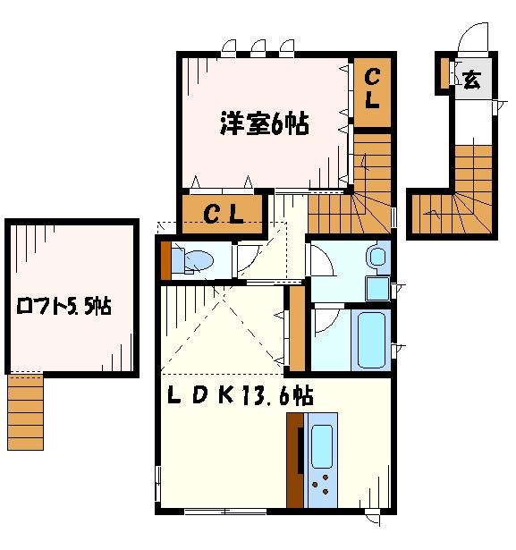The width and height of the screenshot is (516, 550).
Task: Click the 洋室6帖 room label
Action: click(265, 123)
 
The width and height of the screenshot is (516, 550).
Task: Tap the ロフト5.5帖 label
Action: click(63, 306)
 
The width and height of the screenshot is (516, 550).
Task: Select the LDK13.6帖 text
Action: click(241, 395)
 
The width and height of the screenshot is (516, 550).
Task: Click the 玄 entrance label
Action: click(471, 80)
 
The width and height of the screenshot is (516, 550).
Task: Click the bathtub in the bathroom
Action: click(371, 340)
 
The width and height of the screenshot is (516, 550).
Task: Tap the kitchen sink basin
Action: click(322, 446)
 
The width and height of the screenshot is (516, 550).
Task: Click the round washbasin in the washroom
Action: click(377, 257)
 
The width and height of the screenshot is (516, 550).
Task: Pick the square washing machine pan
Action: click(377, 289)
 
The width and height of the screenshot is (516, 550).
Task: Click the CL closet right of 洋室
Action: click(372, 92)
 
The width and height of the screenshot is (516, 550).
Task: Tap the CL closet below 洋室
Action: click(223, 214)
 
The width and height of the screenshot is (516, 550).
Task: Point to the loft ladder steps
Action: click(25, 411)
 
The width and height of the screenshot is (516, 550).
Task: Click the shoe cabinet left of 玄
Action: click(444, 73)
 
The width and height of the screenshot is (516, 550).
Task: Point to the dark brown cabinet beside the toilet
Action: click(165, 261)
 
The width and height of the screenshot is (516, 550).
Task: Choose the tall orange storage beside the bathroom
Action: click(297, 329)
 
